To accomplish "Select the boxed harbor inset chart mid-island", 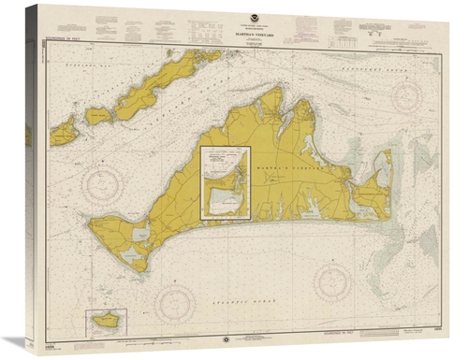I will pos(226,182).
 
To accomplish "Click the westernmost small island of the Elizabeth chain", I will pos(64,131).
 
